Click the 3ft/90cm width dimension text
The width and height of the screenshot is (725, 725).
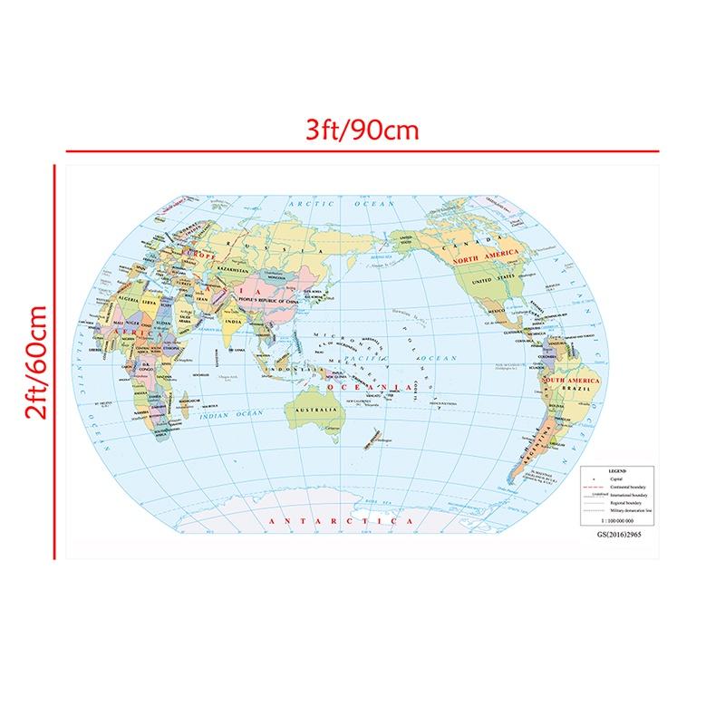click(x=362, y=130)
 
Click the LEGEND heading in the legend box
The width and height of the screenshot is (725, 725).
click(x=617, y=471)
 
